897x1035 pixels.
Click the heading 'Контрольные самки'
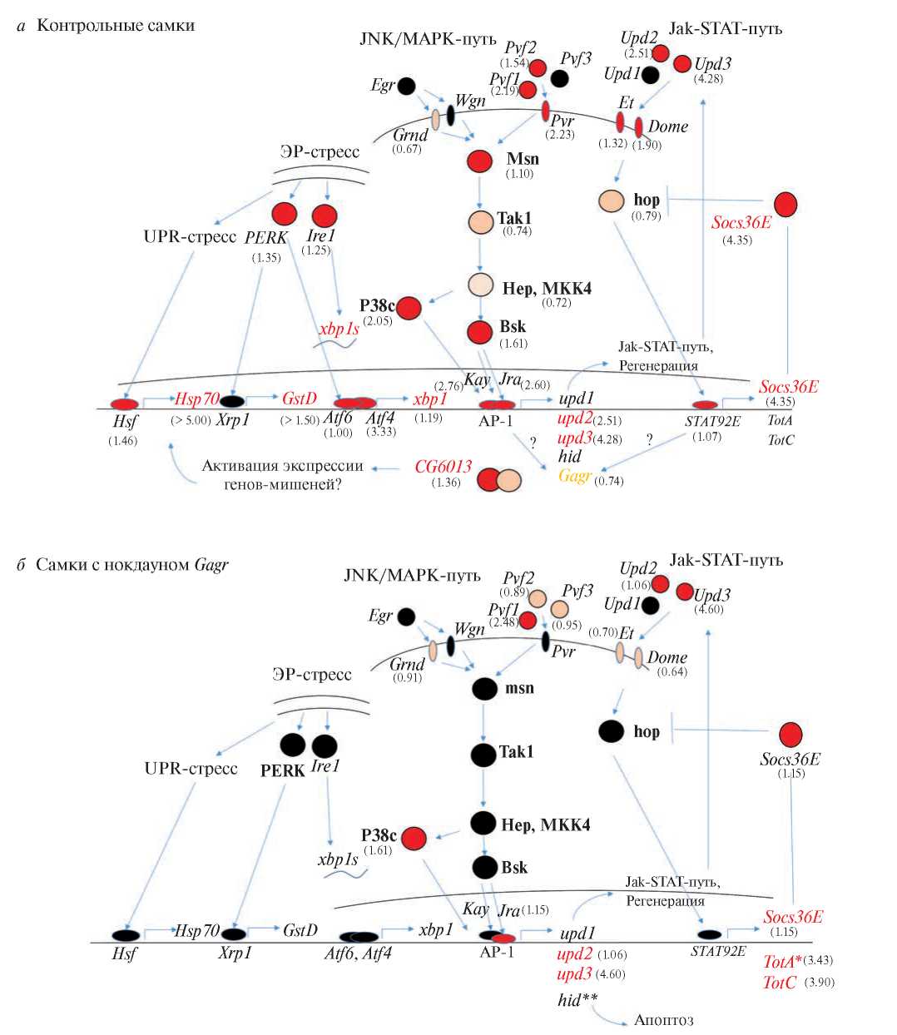click(116, 26)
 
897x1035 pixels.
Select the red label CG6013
click(444, 467)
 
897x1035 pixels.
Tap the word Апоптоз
click(663, 1019)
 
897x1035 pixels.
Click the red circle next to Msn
click(480, 161)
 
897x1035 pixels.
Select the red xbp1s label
click(339, 329)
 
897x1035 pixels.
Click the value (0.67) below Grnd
click(406, 149)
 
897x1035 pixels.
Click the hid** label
click(578, 999)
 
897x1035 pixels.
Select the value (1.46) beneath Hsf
click(122, 440)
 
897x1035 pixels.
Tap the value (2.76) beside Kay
click(449, 385)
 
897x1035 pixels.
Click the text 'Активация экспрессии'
click(283, 466)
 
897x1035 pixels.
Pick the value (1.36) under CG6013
click(446, 483)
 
